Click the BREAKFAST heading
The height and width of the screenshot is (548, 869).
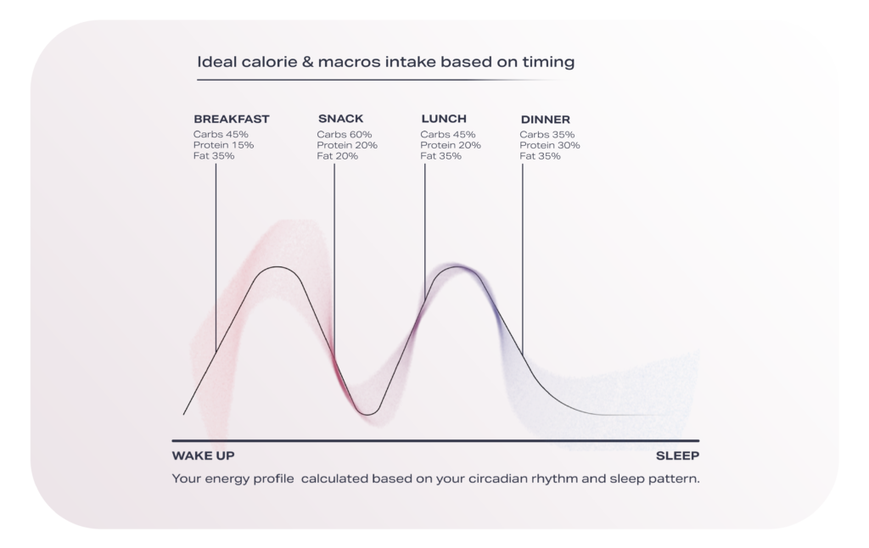[x=231, y=120]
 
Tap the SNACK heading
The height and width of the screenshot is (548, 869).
[x=340, y=120]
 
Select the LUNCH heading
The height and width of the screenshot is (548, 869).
[x=444, y=120]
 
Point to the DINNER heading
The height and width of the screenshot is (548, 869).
[x=545, y=120]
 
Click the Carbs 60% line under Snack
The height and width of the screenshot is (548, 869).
[x=345, y=135]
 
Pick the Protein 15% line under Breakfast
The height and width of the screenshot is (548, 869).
[x=223, y=145]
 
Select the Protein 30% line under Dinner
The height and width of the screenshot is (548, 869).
[x=550, y=145]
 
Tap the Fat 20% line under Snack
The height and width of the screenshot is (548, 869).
[x=337, y=156]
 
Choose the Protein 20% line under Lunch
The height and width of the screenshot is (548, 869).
[x=451, y=145]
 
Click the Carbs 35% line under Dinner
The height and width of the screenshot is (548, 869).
[x=547, y=135]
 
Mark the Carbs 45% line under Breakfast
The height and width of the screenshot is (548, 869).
[x=221, y=135]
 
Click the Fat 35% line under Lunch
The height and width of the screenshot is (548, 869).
[x=441, y=156]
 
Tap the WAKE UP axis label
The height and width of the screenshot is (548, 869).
[x=203, y=456]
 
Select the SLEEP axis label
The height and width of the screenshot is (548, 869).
[x=677, y=456]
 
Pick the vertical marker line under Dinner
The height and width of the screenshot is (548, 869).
[x=522, y=254]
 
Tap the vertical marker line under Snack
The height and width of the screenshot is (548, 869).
[x=334, y=254]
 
